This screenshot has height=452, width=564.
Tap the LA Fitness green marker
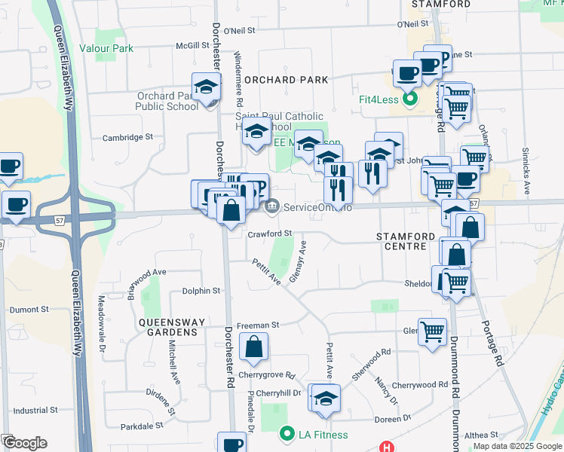point(287,435)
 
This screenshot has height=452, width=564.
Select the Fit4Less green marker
point(410,99)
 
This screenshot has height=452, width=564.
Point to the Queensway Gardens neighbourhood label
point(171,327)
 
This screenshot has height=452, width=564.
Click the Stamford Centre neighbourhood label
point(406,242)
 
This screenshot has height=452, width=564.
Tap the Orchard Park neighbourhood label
point(286,80)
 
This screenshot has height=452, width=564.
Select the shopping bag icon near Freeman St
point(254,347)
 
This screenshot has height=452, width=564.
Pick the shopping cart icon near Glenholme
point(433,331)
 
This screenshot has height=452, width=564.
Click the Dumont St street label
point(29,309)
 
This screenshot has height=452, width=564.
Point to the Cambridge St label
point(127,137)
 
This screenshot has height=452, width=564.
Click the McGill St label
point(192,45)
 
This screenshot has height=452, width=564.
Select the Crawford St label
point(270,234)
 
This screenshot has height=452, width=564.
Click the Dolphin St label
point(201,291)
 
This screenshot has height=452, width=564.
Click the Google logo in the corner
point(24,443)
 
